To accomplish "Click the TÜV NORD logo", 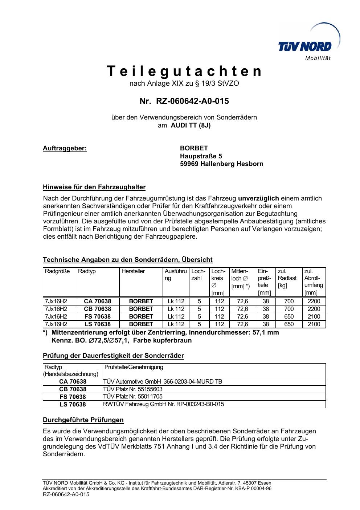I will point(305,46).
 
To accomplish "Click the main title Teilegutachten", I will point(184,71).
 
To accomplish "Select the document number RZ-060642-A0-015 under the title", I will point(192,101).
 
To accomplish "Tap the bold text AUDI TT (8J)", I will point(191,125).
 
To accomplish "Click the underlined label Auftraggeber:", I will point(65,148).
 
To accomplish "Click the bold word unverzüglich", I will point(258,198).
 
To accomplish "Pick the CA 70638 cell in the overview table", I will point(97,301).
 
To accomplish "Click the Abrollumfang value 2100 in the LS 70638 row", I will point(314,324).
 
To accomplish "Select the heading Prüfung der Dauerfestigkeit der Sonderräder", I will point(113,356).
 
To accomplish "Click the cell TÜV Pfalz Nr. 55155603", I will point(133,389).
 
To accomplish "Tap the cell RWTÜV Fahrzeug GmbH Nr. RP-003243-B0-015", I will point(164,404).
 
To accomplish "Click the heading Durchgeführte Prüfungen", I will point(83,420).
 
